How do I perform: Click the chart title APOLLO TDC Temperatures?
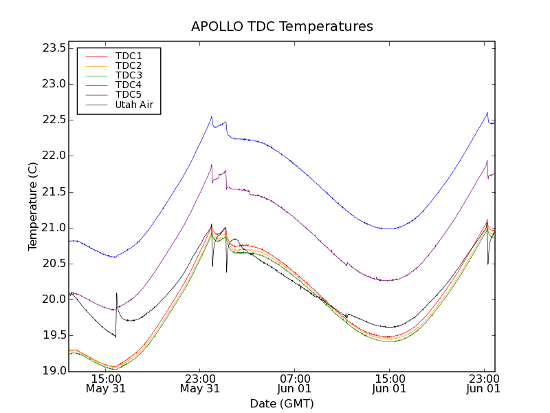click(x=282, y=27)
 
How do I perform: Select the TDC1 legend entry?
click(x=129, y=56)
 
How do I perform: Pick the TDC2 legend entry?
click(x=129, y=65)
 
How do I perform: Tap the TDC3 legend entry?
click(x=129, y=75)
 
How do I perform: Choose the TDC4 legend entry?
click(x=129, y=85)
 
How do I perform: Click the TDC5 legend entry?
click(x=129, y=94)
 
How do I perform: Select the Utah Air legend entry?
click(x=134, y=105)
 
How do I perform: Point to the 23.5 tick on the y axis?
click(x=53, y=48)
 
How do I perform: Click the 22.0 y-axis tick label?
click(x=53, y=156)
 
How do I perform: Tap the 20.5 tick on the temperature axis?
click(x=53, y=264)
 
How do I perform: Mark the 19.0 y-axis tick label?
click(x=53, y=371)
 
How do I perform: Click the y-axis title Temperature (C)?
click(x=33, y=206)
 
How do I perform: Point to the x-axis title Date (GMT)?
click(x=282, y=403)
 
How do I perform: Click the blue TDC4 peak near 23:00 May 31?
click(x=212, y=117)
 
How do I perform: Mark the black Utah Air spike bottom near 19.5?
click(x=115, y=337)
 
